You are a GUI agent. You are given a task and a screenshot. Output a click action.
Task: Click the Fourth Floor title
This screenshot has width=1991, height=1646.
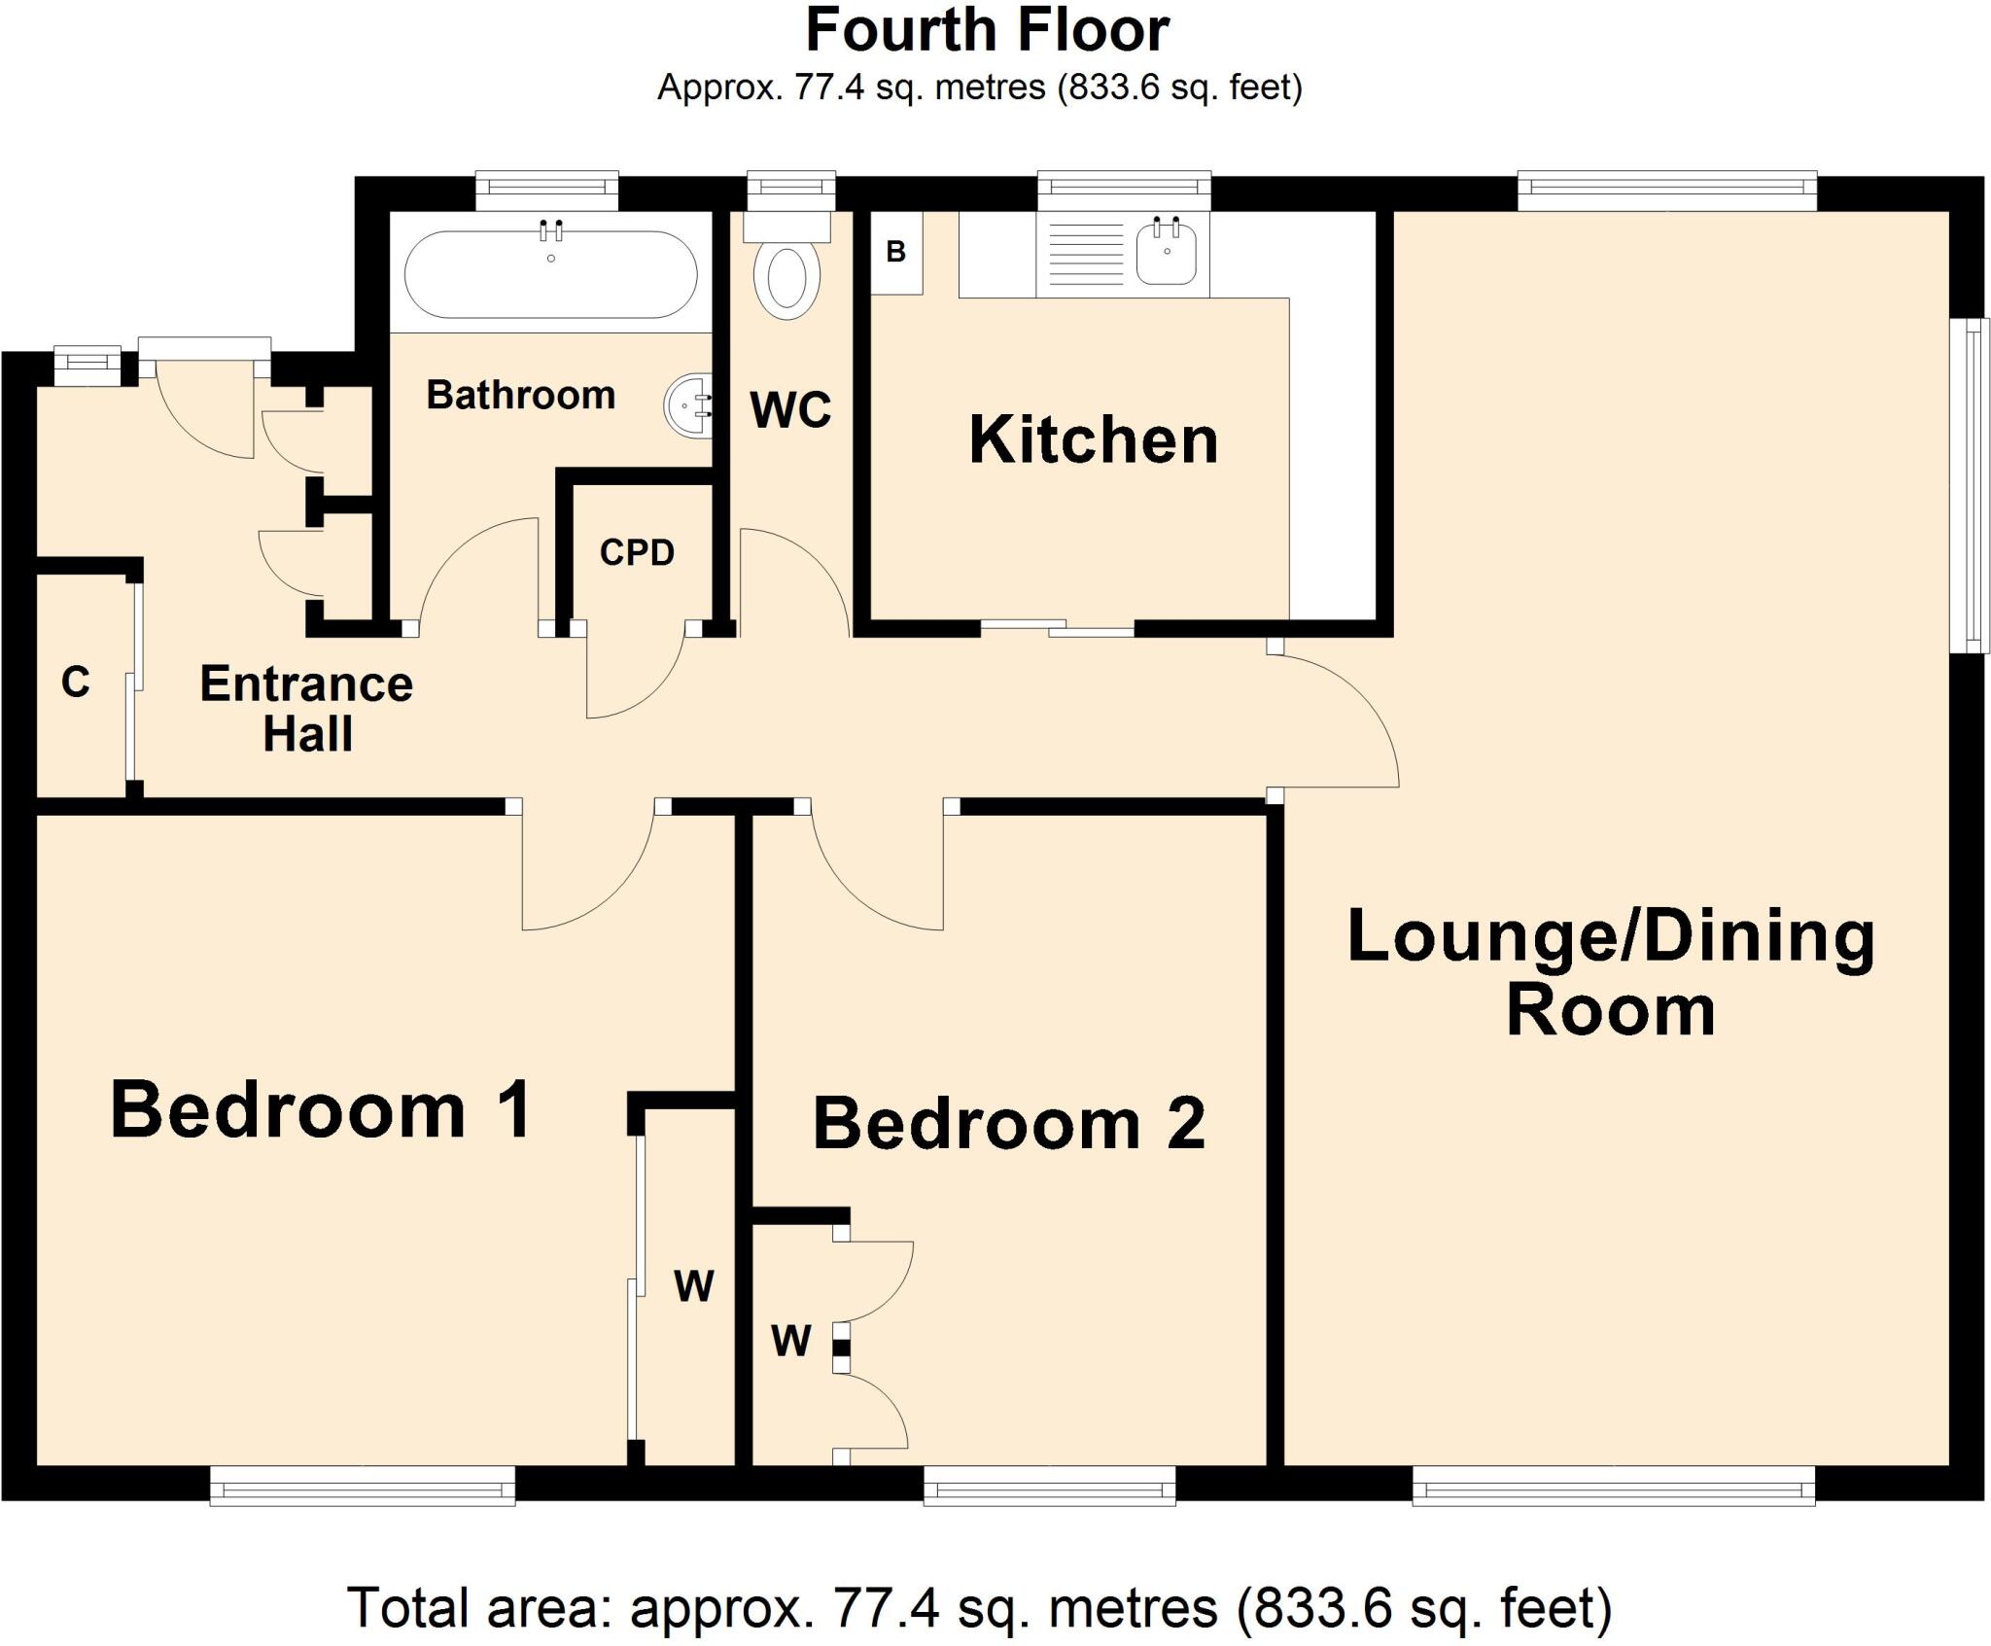coord(987,31)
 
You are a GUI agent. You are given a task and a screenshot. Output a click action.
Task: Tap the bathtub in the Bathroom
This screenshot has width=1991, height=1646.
coord(550,275)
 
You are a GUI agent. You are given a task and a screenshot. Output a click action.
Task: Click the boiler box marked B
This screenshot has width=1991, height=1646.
coord(895,253)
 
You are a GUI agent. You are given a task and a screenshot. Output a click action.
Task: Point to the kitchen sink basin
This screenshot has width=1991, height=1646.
coord(1166,253)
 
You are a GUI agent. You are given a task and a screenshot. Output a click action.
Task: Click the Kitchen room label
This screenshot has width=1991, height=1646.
coord(1094,440)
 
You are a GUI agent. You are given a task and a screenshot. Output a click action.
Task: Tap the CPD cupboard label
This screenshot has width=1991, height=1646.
coord(637,553)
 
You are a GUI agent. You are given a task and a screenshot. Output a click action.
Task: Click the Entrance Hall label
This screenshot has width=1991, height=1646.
coord(306,709)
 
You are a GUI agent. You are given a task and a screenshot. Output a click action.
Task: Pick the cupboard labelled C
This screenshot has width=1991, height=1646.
coord(76,683)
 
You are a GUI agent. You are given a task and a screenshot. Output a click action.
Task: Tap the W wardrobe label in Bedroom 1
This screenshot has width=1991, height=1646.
coord(693,1286)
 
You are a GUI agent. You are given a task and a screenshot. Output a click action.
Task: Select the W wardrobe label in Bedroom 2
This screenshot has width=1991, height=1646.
coord(790,1342)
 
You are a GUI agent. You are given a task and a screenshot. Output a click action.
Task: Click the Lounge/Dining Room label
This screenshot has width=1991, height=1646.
coord(1611,973)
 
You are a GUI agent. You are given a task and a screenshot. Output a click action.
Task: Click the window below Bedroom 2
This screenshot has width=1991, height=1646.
coord(1049,1487)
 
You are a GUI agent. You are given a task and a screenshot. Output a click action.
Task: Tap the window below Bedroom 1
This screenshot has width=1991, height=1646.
coord(363,1487)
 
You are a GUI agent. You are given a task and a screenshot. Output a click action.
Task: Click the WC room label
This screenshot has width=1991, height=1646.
coord(790,410)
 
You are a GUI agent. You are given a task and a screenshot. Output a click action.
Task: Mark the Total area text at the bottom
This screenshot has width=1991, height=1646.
coord(980,1607)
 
